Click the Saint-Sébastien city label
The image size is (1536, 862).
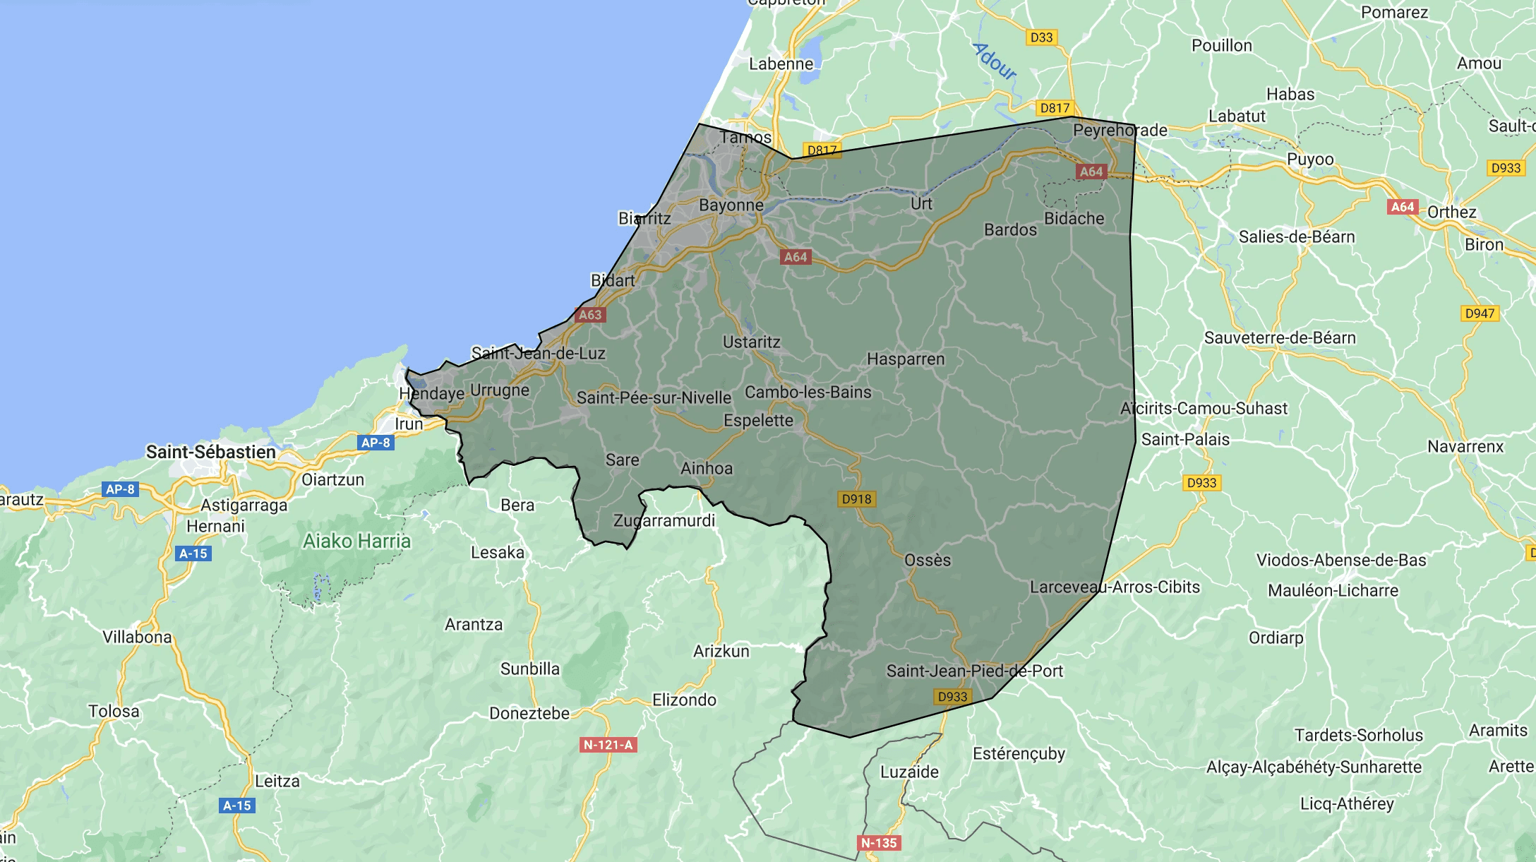[210, 452]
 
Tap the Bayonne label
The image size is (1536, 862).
[731, 205]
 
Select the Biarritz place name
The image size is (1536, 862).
[644, 218]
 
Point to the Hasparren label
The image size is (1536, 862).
[906, 359]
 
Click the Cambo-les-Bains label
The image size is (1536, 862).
[808, 393]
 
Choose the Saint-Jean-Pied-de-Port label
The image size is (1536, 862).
[974, 671]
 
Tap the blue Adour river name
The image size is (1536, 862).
[995, 61]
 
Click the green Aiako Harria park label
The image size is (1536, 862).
[356, 541]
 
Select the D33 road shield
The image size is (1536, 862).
[1041, 37]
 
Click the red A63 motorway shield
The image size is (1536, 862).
[590, 315]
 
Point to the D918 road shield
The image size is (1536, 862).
[857, 499]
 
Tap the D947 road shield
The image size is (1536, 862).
[1480, 313]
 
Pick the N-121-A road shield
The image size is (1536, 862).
[608, 745]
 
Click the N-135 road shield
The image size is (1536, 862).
[879, 843]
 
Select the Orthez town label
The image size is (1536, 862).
[1451, 212]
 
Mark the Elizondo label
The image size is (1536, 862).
[684, 700]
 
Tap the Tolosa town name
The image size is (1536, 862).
[114, 712]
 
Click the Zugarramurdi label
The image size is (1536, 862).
[664, 521]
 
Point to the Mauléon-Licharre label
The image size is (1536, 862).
[1333, 590]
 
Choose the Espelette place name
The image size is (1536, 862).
[758, 421]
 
